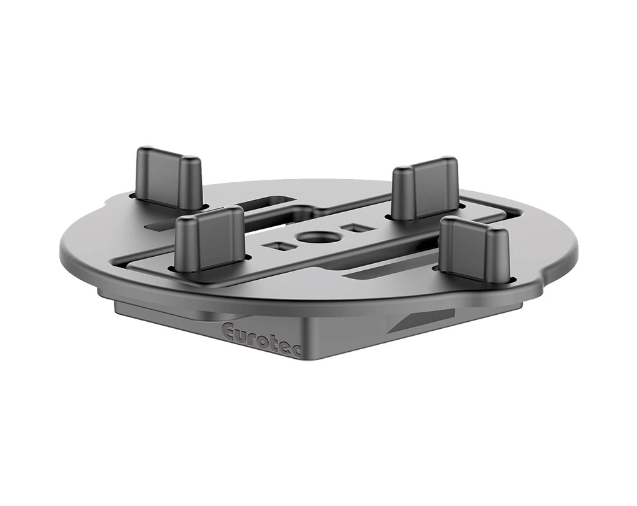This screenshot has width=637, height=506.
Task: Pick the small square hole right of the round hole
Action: point(351,228)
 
